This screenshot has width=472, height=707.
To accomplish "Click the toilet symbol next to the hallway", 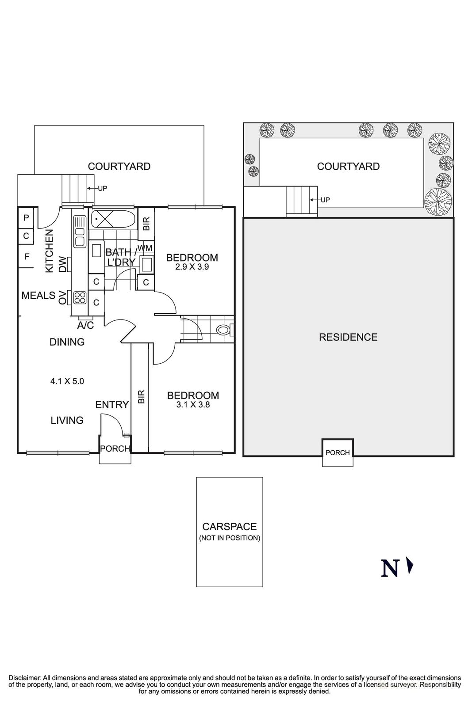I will [x=223, y=330].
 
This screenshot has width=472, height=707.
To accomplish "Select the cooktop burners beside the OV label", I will [x=80, y=297].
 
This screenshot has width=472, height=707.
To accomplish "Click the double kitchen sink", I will [x=80, y=231].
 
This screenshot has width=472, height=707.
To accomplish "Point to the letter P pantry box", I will [x=26, y=217].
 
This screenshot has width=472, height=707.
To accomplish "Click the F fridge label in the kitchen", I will [x=27, y=256].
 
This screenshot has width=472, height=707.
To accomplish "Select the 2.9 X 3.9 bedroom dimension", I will [x=192, y=267].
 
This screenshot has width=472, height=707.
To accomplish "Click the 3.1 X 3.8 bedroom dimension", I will [x=193, y=404].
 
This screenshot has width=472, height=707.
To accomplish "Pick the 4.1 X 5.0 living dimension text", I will [x=67, y=381].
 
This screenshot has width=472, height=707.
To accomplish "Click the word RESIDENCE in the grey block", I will [x=348, y=338].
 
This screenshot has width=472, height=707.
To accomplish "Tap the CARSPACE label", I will [x=229, y=527].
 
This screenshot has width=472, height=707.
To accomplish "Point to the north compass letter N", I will [x=390, y=569].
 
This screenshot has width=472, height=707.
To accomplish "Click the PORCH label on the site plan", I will [x=338, y=452].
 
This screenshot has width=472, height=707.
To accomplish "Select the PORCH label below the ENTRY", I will [x=115, y=449].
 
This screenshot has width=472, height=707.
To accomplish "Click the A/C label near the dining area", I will [x=85, y=326].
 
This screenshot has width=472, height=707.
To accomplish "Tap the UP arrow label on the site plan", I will [x=325, y=200].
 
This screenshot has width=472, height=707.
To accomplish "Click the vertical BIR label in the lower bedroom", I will [x=141, y=396].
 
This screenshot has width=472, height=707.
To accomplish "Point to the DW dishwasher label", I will [x=62, y=264].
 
